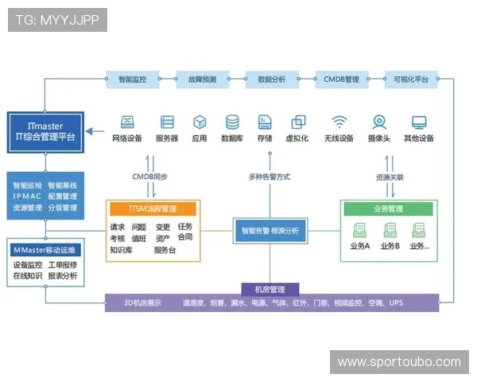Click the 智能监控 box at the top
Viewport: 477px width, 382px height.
click(x=132, y=80)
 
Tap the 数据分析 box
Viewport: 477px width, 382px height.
click(x=271, y=80)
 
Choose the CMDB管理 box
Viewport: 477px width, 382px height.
click(x=341, y=80)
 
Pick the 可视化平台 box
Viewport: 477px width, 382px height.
click(x=410, y=80)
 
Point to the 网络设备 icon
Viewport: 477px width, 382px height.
click(x=126, y=122)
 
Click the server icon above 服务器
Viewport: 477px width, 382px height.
click(x=167, y=122)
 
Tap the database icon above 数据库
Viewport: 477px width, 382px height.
click(x=232, y=122)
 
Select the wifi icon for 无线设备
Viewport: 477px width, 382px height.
click(x=340, y=122)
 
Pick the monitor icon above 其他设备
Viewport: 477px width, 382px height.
click(x=419, y=122)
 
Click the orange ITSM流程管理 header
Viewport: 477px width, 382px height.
click(x=153, y=209)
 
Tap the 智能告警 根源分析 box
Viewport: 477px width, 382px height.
click(x=270, y=231)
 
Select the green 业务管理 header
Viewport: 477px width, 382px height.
click(x=388, y=209)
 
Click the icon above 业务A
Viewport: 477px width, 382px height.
click(x=359, y=230)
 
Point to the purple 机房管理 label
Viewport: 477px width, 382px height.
click(x=270, y=290)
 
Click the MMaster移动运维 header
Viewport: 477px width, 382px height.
click(x=45, y=249)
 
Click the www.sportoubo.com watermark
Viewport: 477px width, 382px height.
click(x=399, y=362)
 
